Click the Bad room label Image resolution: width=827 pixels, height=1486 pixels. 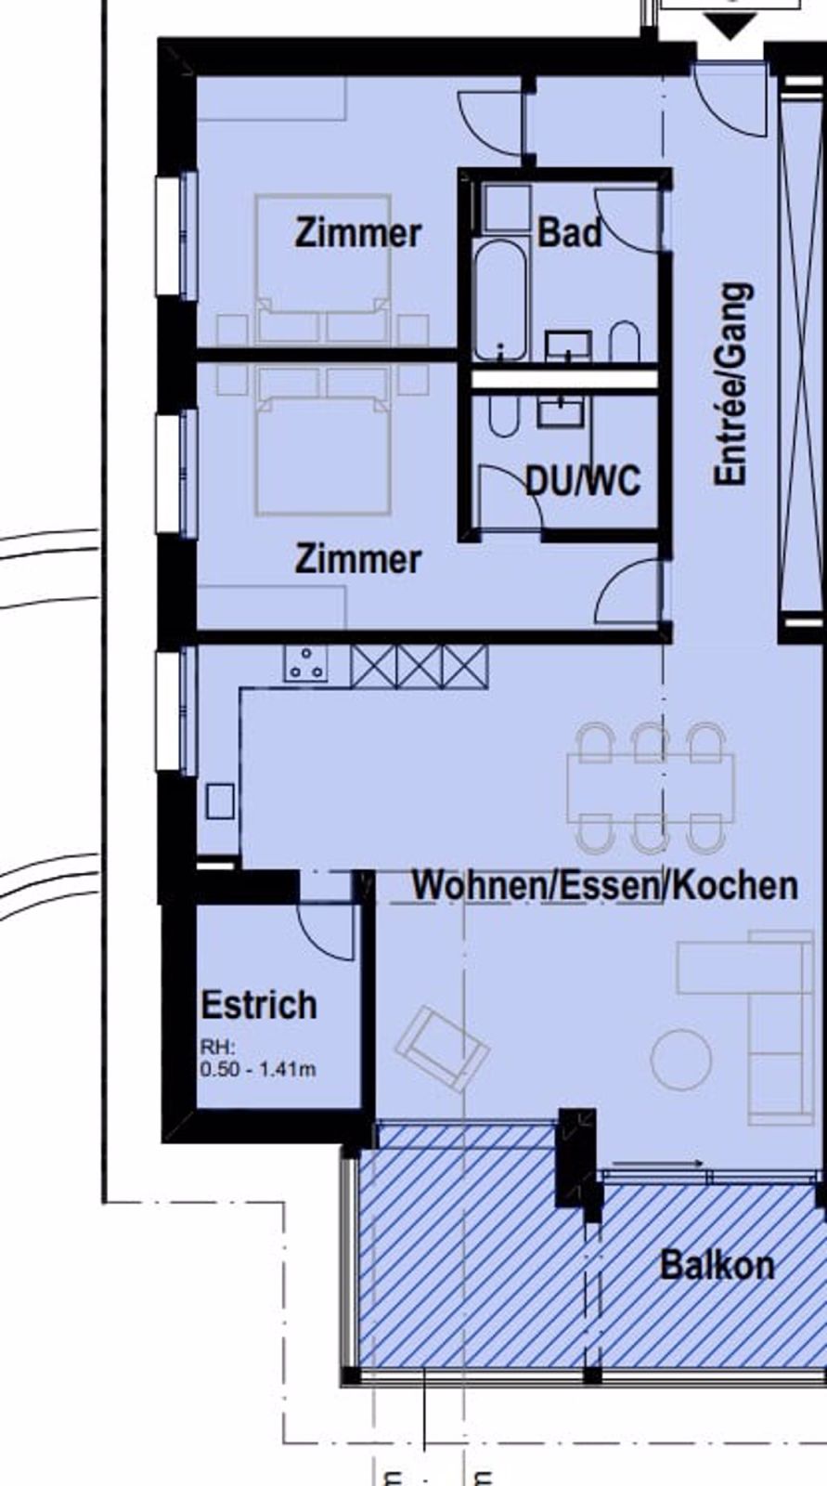coord(570,233)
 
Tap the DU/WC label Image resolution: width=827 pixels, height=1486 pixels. coord(583,480)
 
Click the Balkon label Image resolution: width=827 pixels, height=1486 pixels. coord(717,1265)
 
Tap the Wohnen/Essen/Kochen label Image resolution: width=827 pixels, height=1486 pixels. coord(605,886)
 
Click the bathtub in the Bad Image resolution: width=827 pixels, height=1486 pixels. coord(500,301)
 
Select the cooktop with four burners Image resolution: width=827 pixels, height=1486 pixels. coord(305,663)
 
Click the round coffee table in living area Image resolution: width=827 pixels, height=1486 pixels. coord(682,1059)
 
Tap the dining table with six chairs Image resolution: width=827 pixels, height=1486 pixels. coord(651,788)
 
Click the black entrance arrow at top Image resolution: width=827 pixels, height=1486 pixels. coord(730,26)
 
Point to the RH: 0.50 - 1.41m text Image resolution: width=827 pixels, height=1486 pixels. coord(258,1059)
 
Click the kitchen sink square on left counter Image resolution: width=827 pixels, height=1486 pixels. coord(220,802)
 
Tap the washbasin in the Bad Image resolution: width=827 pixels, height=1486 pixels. coord(568,346)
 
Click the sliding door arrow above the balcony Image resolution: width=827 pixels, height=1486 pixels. coord(657,1163)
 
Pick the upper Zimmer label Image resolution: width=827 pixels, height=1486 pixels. coord(358,233)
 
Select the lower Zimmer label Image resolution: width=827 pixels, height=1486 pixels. coord(358,558)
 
